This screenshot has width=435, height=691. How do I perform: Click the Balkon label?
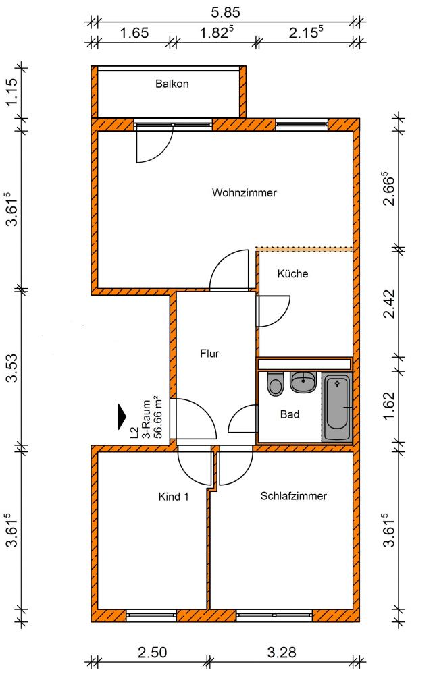[172, 84]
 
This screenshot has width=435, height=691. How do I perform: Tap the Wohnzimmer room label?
[244, 192]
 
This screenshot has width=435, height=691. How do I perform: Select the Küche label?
[292, 273]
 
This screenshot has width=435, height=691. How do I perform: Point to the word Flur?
[209, 354]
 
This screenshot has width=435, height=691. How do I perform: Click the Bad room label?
[289, 414]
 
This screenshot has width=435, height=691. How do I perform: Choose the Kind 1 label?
[174, 497]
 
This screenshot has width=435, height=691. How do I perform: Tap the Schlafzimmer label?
[293, 496]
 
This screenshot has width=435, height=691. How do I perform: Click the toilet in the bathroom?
[276, 385]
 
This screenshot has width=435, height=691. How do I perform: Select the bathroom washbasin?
[303, 382]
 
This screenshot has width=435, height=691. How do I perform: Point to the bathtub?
[337, 407]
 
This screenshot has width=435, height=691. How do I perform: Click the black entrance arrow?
[122, 416]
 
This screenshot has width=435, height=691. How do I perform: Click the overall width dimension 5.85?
[226, 12]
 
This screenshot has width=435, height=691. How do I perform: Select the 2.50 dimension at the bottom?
[152, 652]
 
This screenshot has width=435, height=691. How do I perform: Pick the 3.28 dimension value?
[282, 652]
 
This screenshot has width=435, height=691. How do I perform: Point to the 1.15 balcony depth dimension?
[12, 92]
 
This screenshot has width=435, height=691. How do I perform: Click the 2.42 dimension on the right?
[389, 304]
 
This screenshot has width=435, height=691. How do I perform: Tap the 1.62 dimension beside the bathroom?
[389, 406]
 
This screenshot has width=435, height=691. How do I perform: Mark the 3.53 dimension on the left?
[12, 368]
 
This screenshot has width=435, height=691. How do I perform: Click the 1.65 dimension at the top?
[134, 33]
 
